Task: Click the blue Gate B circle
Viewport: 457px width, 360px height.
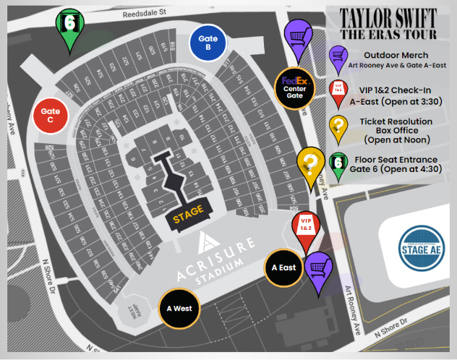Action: click(209, 43)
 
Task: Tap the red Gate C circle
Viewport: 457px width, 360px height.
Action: click(51, 116)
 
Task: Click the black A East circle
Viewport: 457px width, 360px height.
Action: click(283, 267)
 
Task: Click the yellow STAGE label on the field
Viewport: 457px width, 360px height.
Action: click(188, 214)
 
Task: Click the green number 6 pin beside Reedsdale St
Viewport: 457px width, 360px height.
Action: click(70, 27)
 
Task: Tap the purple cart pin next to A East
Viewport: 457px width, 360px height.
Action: click(317, 270)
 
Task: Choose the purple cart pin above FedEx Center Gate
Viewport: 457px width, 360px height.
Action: click(297, 36)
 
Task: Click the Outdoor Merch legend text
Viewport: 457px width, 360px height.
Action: click(396, 54)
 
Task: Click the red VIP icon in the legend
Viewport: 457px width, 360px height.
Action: click(338, 90)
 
